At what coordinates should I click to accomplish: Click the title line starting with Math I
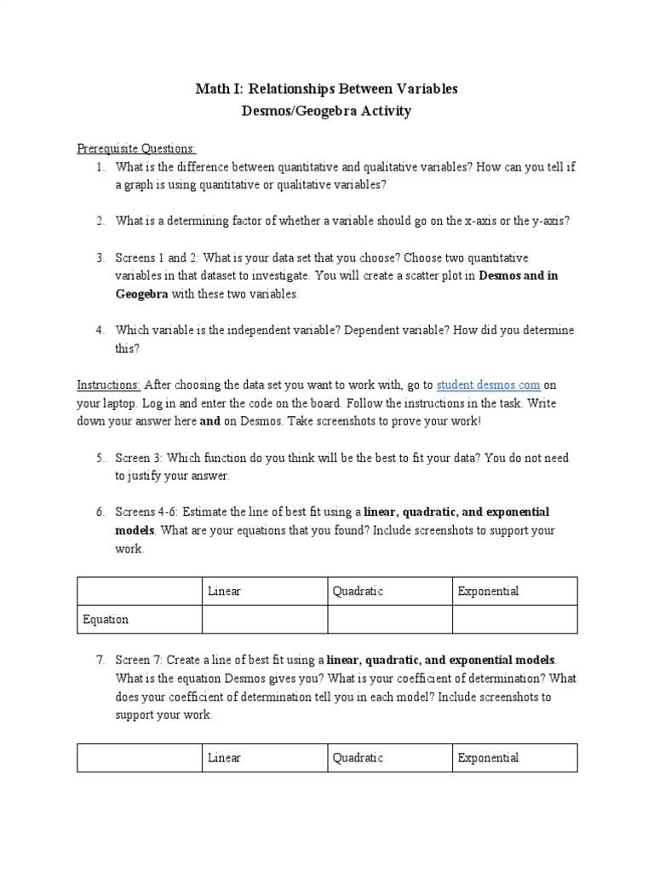point(327,89)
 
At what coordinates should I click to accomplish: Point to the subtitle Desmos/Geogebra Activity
point(327,112)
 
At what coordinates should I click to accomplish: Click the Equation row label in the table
point(105,620)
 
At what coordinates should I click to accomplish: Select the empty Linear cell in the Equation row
point(264,620)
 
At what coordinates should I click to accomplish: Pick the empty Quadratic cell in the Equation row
point(389,620)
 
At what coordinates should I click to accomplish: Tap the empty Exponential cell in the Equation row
point(514,620)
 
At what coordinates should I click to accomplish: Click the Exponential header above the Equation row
point(488,591)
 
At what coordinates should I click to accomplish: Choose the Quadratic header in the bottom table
point(358,758)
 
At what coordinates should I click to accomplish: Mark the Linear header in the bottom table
point(224,758)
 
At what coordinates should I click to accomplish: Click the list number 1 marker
point(100,167)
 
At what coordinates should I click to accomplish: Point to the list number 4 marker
point(100,330)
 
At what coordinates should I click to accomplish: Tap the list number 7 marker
point(100,660)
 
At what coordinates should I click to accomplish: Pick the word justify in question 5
point(144,476)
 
